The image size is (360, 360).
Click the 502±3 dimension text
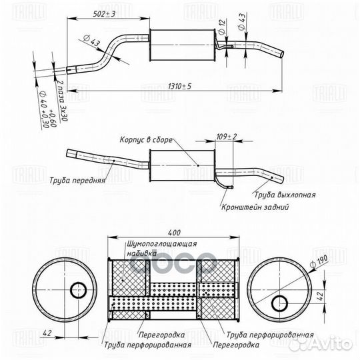click(x=104, y=14)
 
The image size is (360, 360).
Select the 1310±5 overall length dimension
click(x=179, y=87)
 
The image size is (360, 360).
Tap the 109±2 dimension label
click(x=227, y=137)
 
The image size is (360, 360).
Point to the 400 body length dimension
click(x=174, y=233)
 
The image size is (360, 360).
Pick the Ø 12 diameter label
click(x=222, y=27)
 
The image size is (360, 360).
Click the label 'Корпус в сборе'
click(x=146, y=139)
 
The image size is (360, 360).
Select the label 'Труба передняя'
click(x=77, y=180)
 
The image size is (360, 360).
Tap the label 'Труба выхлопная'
click(x=285, y=195)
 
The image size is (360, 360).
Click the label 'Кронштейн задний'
click(x=255, y=207)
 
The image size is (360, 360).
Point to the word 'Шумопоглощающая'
click(x=162, y=243)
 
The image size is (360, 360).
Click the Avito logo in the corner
click(x=320, y=343)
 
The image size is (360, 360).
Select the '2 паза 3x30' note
click(x=61, y=101)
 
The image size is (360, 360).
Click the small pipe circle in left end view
click(x=78, y=290)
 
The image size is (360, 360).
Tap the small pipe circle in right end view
click(x=279, y=303)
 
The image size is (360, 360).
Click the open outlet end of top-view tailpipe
click(x=282, y=54)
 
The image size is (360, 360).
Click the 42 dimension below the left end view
click(x=47, y=333)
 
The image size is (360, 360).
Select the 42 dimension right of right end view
click(x=321, y=296)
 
